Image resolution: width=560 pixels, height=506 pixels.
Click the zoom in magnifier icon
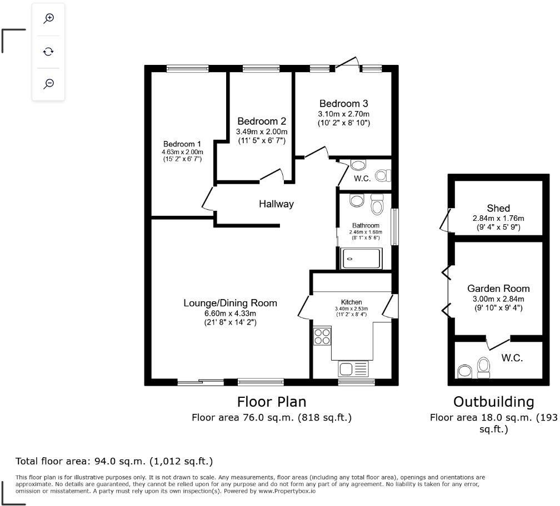[x=49, y=18]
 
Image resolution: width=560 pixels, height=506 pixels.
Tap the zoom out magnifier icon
[x=49, y=84]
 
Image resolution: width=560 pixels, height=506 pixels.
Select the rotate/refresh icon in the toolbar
[x=49, y=52]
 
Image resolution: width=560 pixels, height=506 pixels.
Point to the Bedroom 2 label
[x=262, y=121]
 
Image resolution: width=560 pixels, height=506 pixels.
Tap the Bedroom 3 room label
[x=343, y=103]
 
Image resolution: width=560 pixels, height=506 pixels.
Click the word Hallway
[x=276, y=204]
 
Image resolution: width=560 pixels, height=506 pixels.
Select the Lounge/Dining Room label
[x=230, y=303]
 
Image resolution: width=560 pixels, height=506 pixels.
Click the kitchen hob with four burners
[x=322, y=336]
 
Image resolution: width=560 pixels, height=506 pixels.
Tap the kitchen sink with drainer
[x=353, y=369]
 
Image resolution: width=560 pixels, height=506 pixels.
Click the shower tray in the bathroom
[x=362, y=257]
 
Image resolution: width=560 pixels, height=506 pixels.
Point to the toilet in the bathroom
[x=377, y=205]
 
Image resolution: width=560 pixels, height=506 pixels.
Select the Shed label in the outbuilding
[x=498, y=208]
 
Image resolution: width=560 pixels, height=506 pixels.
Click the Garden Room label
[x=498, y=289]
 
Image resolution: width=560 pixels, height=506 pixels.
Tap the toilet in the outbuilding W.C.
[x=484, y=367]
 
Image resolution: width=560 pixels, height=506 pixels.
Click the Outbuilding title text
[x=493, y=402]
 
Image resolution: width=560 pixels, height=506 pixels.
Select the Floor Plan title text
[x=271, y=402]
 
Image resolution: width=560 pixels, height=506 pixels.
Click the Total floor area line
[x=114, y=461]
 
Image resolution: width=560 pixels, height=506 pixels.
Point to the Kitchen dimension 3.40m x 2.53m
[x=351, y=309]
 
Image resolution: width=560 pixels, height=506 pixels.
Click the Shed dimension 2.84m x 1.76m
[x=498, y=218]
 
